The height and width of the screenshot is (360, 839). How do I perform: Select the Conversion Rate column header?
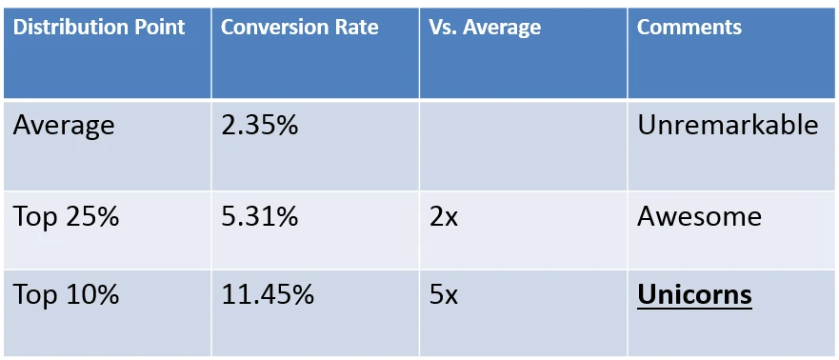(x=299, y=27)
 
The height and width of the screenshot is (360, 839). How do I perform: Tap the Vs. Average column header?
(x=485, y=27)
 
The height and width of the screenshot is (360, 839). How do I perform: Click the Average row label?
(x=64, y=125)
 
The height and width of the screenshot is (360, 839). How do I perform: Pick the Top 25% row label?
(x=66, y=216)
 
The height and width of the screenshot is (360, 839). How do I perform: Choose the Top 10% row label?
(x=66, y=294)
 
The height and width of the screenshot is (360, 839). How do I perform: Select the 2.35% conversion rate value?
(x=259, y=125)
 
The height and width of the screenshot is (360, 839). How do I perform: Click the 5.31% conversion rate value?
(x=259, y=216)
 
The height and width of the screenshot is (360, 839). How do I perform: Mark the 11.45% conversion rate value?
(x=267, y=294)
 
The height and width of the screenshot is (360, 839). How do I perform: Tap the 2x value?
(x=444, y=216)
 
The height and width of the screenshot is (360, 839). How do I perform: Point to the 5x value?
(x=444, y=294)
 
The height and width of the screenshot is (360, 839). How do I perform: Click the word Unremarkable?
(x=727, y=125)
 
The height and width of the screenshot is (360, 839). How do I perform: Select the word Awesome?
(x=699, y=216)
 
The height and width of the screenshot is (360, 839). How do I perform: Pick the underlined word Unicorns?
(x=694, y=295)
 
